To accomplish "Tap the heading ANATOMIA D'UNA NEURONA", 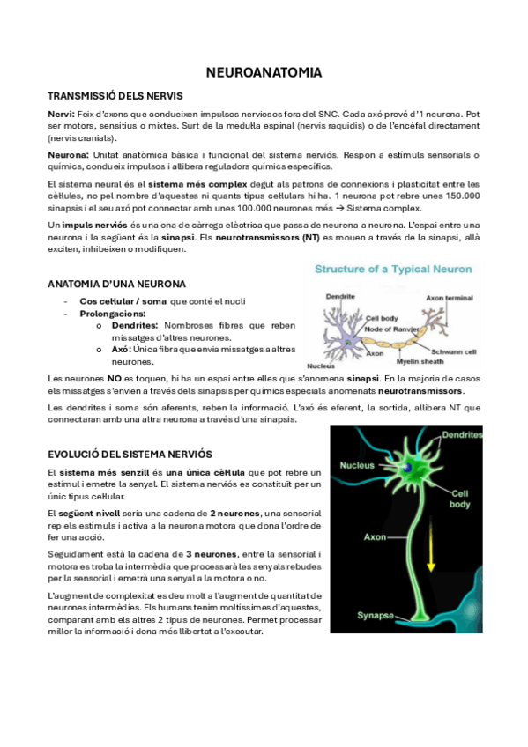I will (116, 284).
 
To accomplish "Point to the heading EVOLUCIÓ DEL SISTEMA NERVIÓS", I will (130, 454).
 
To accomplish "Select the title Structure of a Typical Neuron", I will (393, 270).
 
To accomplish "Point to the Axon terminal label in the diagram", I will (450, 299).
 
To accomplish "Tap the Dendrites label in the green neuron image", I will (461, 435).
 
